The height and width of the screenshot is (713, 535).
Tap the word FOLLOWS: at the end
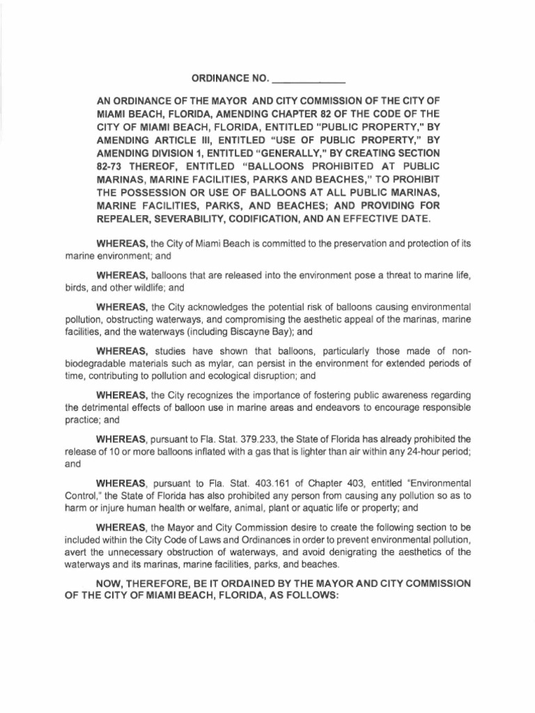tap(307, 595)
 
